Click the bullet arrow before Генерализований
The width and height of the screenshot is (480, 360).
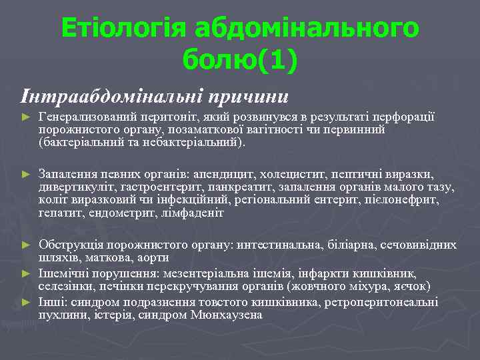click(26, 117)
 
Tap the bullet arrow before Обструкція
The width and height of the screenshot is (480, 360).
click(26, 245)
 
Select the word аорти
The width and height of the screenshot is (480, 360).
click(153, 257)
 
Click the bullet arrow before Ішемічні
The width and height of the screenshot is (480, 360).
click(26, 272)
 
